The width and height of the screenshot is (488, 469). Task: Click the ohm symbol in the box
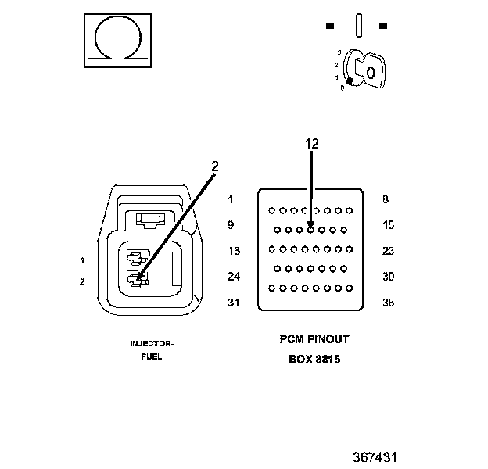(x=118, y=38)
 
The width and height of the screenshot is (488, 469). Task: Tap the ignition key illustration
(x=364, y=69)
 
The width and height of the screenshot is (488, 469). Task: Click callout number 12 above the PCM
(x=312, y=144)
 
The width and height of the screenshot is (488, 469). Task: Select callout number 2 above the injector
(x=215, y=166)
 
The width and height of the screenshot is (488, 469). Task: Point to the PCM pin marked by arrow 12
(x=310, y=230)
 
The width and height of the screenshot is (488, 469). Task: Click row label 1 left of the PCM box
(x=231, y=199)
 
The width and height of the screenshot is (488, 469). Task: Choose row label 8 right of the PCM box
(x=386, y=199)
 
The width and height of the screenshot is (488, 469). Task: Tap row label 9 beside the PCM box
(x=231, y=225)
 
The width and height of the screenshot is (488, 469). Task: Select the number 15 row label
(x=389, y=225)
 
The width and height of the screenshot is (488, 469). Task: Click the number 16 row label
(x=234, y=251)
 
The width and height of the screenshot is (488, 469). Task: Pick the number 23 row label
(x=389, y=251)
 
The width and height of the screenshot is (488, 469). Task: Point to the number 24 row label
(x=234, y=276)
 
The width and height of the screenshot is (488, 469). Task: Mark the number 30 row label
(x=389, y=276)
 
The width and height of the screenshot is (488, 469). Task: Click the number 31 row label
(x=234, y=303)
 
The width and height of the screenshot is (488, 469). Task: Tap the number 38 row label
(x=389, y=303)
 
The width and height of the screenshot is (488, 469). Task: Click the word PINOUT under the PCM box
(x=328, y=339)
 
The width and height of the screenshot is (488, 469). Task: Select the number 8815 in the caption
(x=328, y=360)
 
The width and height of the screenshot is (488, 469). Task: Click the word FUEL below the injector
(x=152, y=356)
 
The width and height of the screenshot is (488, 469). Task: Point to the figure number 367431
(x=375, y=457)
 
